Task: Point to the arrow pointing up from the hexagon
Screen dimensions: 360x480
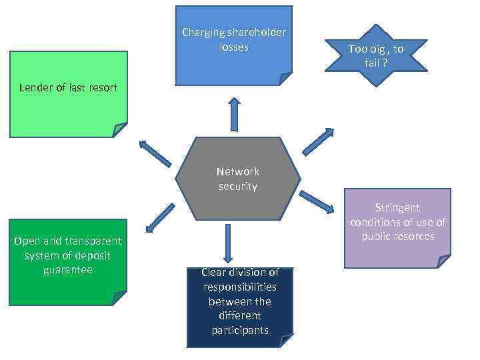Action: coord(234,114)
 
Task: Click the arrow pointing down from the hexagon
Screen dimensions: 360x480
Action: coord(228,243)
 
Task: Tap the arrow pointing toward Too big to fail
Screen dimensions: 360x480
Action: coord(318,141)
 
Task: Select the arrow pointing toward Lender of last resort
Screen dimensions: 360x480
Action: coord(155,153)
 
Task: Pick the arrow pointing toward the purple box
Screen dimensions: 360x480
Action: coord(317,201)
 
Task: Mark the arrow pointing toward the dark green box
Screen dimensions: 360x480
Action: coord(160,218)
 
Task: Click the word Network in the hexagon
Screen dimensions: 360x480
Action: coord(238,171)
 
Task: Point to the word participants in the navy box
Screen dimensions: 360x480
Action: coord(239,330)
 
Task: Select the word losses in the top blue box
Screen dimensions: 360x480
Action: coord(233,47)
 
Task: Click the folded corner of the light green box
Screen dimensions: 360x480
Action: coord(119,129)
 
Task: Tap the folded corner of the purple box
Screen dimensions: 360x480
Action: coord(443,261)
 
